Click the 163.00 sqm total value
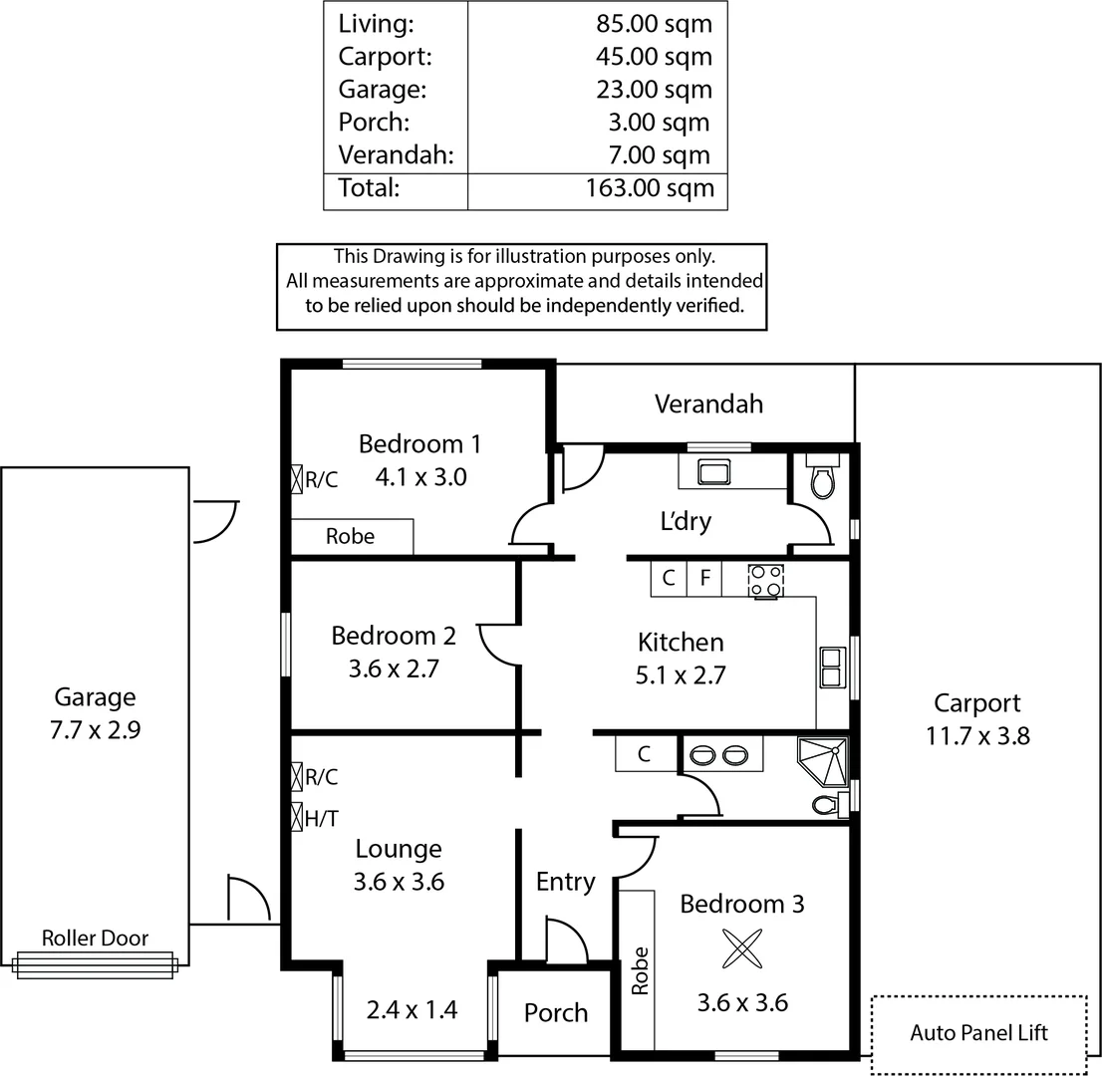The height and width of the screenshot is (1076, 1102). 650,188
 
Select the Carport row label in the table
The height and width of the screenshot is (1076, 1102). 385,57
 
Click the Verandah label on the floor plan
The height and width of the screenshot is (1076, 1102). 708,403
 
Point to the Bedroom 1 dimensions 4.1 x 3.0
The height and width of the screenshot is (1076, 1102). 420,477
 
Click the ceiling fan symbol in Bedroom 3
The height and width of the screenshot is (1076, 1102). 742,948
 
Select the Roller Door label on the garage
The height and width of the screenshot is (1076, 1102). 95,938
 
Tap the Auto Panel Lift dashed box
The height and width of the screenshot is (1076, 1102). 978,1033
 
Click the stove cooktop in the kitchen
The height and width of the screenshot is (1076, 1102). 766,581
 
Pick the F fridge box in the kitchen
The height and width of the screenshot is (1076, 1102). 704,578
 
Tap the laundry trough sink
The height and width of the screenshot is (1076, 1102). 713,471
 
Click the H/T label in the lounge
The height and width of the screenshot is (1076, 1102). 321,819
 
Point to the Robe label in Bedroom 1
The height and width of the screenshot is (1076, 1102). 351,536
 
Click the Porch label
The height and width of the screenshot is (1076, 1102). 555,1012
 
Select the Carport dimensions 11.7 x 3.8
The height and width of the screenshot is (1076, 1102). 976,736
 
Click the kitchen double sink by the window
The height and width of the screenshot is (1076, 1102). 831,667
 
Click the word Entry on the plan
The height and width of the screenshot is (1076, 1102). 565,882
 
